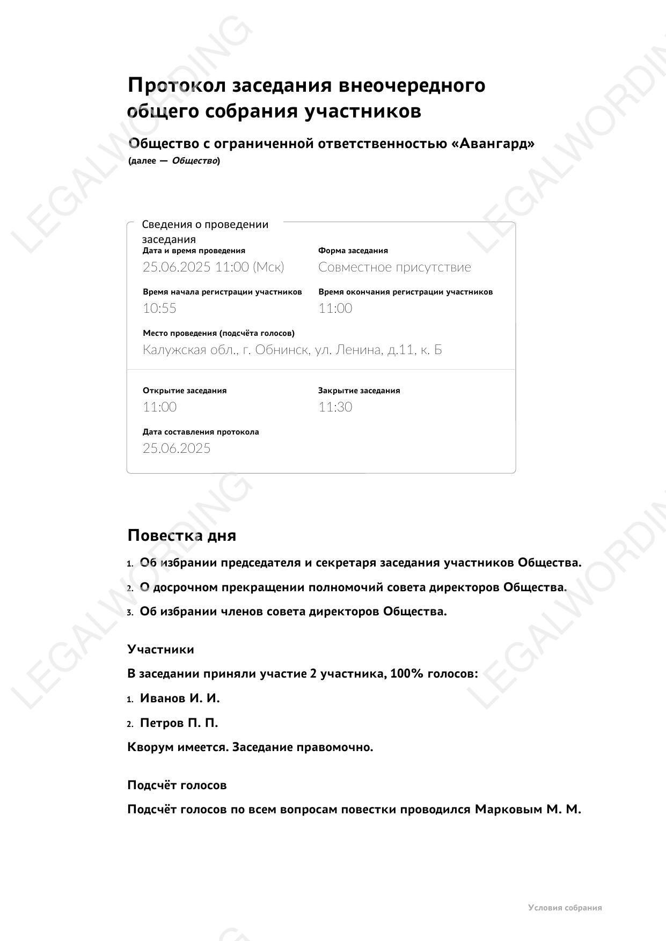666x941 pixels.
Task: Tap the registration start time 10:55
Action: coord(159,308)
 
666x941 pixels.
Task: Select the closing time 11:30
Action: coord(335,407)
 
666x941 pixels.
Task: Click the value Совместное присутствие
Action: coord(394,267)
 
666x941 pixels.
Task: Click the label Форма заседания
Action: coord(353,251)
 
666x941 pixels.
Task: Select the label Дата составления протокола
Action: coord(201,432)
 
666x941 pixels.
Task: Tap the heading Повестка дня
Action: coord(181,535)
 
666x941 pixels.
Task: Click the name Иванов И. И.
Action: coord(180,699)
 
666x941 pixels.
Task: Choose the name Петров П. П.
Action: coord(179,723)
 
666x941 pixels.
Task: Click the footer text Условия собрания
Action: coord(565,908)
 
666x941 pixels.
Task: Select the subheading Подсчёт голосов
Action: coord(177,785)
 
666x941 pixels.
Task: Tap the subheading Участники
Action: coord(160,650)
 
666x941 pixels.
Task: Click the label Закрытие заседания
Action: coord(359,391)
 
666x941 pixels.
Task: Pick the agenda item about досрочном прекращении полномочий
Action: coord(353,587)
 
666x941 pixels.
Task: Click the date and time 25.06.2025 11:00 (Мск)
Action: coord(213,267)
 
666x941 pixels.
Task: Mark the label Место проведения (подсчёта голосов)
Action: coord(218,333)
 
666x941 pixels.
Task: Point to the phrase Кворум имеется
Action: coord(178,747)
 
